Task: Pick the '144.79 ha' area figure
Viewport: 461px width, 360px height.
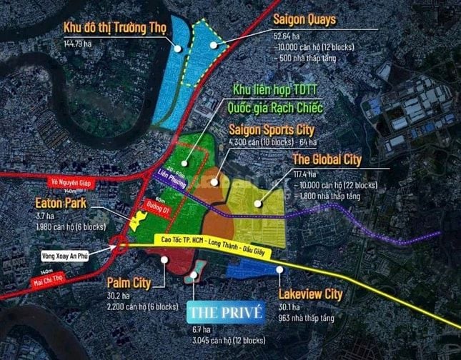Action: (78, 43)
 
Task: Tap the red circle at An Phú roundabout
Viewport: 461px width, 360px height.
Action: (119, 247)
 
